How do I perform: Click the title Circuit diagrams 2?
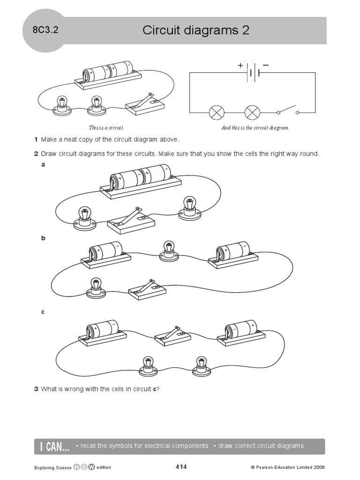[195, 30]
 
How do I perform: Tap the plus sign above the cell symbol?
[240, 66]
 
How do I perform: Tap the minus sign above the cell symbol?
[265, 66]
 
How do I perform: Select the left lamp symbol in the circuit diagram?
[217, 112]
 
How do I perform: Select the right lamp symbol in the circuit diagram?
[253, 112]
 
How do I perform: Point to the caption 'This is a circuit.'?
[106, 127]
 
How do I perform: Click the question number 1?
[36, 140]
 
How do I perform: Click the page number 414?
[181, 466]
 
